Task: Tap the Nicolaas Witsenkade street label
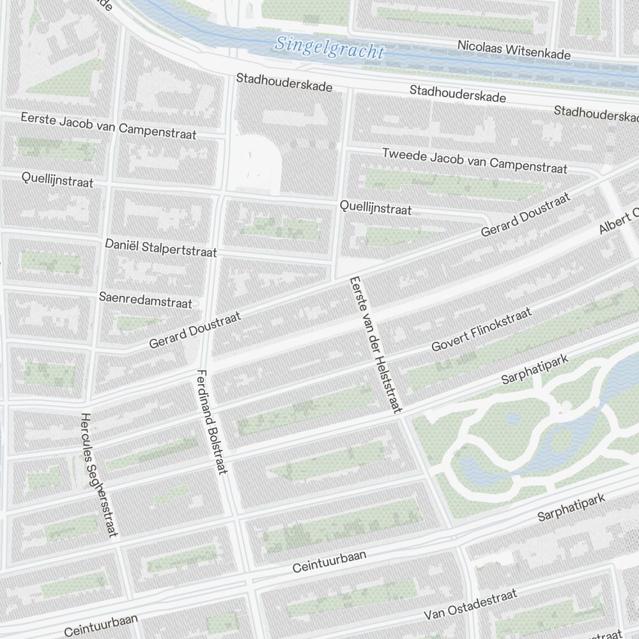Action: point(514,50)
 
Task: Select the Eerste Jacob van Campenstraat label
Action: point(108,126)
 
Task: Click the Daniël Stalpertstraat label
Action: point(160,248)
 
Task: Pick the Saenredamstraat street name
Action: point(145,300)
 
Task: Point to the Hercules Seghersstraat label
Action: point(100,475)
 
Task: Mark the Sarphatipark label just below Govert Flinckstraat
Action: point(535,370)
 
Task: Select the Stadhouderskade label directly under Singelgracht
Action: point(284,82)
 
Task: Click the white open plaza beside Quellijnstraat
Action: point(256,163)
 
